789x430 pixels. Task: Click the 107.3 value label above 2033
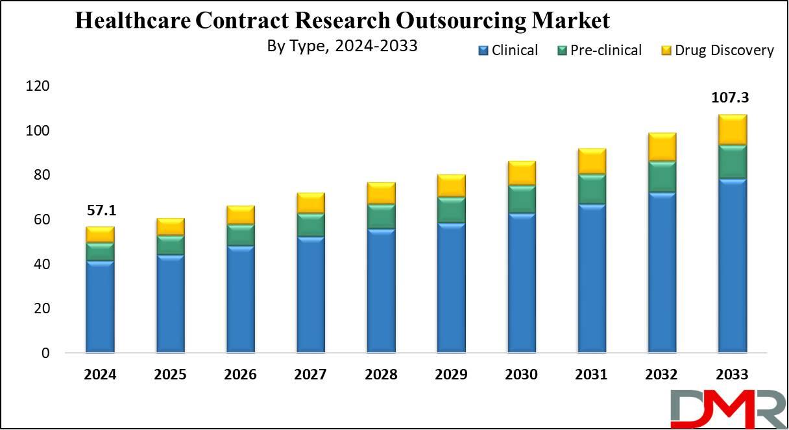click(x=731, y=98)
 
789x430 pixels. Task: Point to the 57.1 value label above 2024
click(x=100, y=211)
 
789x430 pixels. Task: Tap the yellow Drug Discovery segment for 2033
click(x=731, y=130)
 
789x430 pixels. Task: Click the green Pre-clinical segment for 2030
click(x=521, y=199)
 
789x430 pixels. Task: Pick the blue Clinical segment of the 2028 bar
click(x=381, y=291)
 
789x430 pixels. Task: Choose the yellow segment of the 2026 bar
click(x=240, y=215)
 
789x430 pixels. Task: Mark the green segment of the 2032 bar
click(x=661, y=176)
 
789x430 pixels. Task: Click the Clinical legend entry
click(x=508, y=51)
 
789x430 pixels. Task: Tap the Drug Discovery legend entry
click(x=717, y=51)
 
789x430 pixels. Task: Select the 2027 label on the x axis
click(x=310, y=375)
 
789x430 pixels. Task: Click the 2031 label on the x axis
click(x=591, y=375)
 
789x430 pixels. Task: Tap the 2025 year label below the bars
click(x=170, y=375)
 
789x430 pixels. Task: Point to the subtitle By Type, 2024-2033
click(x=342, y=47)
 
